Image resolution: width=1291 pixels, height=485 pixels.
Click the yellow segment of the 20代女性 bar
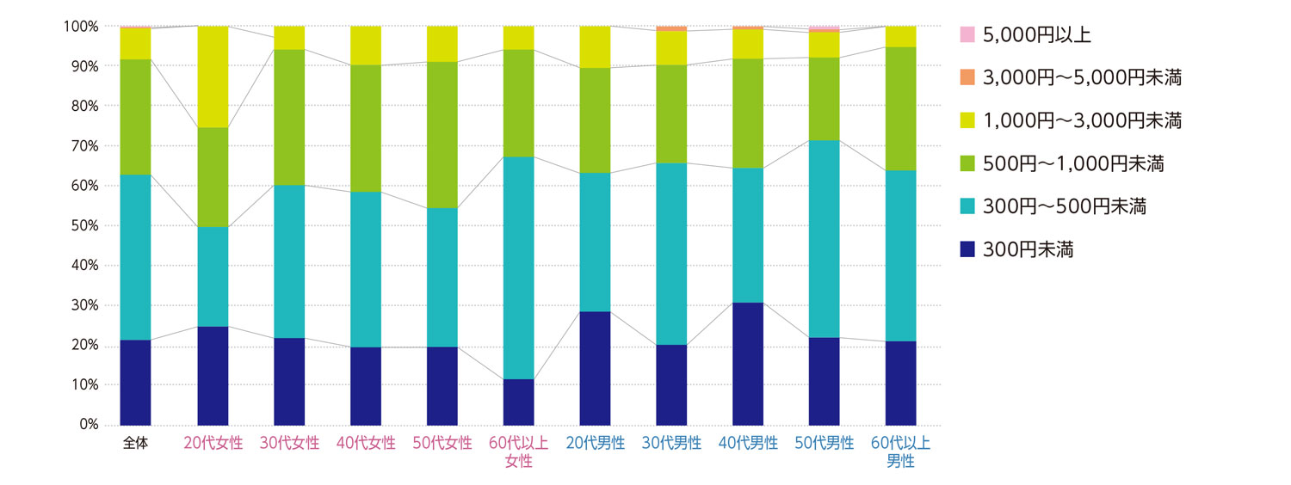click(x=213, y=77)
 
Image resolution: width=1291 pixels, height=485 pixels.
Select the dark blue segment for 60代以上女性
click(x=519, y=402)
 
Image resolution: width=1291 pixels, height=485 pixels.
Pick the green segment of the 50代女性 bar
click(x=442, y=135)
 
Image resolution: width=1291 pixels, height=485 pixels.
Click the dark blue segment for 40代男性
click(x=748, y=364)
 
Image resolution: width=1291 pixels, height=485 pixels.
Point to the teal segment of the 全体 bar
click(x=135, y=257)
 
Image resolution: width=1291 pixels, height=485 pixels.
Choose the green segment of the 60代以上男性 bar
click(x=901, y=108)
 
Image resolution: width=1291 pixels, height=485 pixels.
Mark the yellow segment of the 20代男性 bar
click(x=596, y=47)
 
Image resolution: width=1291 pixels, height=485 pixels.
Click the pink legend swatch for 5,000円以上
click(x=967, y=35)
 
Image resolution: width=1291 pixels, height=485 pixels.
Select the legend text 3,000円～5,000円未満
click(x=1081, y=78)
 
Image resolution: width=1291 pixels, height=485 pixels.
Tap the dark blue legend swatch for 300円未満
click(x=967, y=250)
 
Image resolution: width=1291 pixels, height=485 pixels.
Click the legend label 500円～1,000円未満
click(x=1072, y=164)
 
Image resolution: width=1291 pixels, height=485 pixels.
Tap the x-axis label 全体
click(x=135, y=445)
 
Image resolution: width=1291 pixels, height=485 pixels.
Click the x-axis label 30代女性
click(x=289, y=445)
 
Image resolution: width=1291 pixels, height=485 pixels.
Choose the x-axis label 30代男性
click(x=671, y=445)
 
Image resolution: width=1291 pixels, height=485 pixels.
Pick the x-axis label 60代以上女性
click(x=519, y=452)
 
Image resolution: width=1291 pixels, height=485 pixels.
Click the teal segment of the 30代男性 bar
click(x=671, y=254)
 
